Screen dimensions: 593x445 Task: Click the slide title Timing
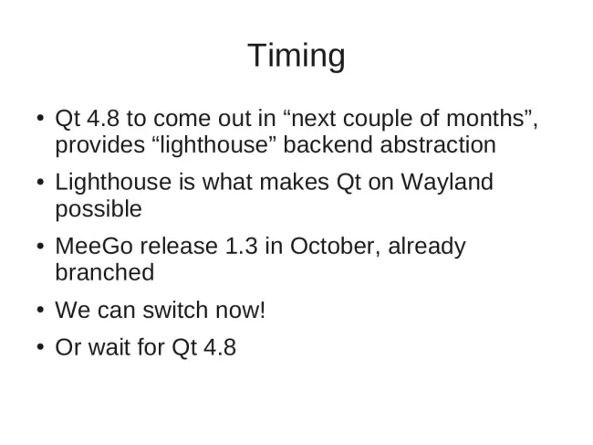click(x=296, y=56)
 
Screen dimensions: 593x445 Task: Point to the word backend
click(x=328, y=144)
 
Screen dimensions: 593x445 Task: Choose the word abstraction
click(x=438, y=144)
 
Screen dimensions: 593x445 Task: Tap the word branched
click(x=105, y=272)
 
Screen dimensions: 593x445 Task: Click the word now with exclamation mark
click(x=240, y=311)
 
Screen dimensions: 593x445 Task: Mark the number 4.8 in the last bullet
click(x=220, y=347)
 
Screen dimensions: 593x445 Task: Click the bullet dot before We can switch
click(x=41, y=310)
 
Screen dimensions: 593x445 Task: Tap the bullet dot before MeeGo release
click(x=41, y=246)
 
